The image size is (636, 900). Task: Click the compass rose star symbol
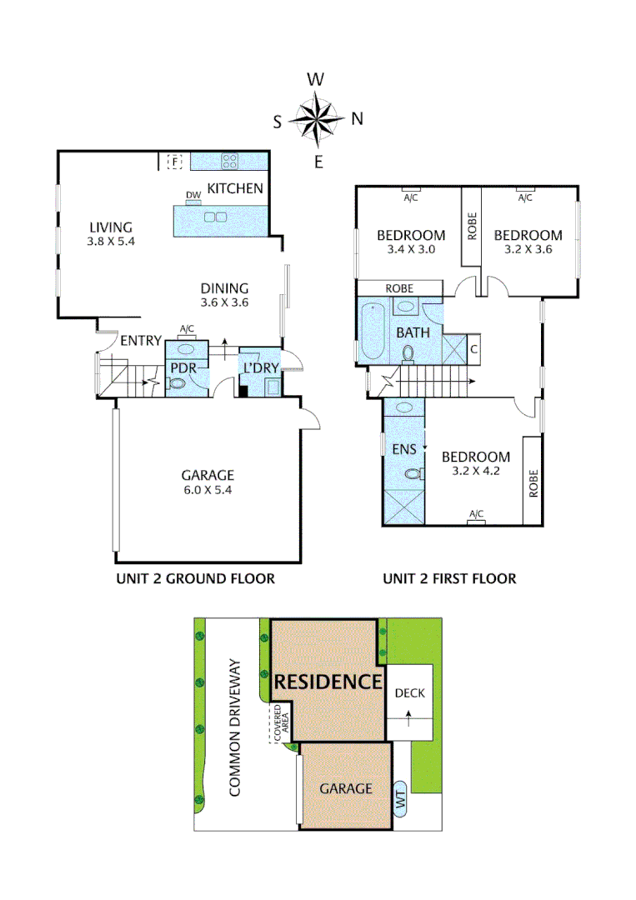coord(317,118)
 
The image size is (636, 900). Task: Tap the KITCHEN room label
coord(235,188)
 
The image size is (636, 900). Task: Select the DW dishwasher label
coord(193,196)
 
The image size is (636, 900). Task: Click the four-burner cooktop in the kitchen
coord(231,161)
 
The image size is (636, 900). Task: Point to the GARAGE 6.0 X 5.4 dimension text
coord(208,490)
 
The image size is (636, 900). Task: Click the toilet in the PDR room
coord(175,384)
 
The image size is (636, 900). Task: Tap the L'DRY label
coord(259,367)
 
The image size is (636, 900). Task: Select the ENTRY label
coord(140,341)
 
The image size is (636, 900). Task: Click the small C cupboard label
coord(473,349)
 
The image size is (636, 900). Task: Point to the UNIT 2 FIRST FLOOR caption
coord(449,578)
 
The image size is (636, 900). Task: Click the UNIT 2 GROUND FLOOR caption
coord(195,578)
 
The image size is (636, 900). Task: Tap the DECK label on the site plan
coord(409,692)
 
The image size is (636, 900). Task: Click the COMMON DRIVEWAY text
coord(235,727)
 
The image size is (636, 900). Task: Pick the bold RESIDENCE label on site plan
coord(328,682)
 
